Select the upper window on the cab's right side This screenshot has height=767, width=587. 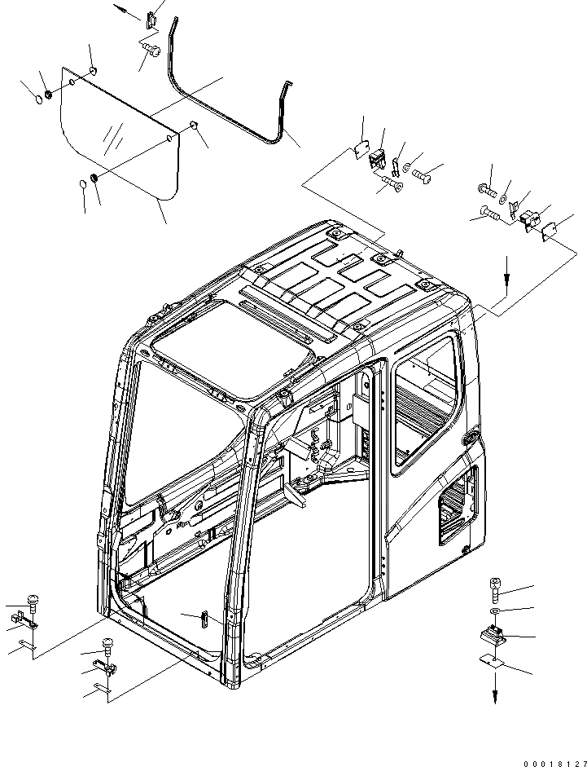(x=423, y=399)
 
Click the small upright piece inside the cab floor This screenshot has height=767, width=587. (x=204, y=617)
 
